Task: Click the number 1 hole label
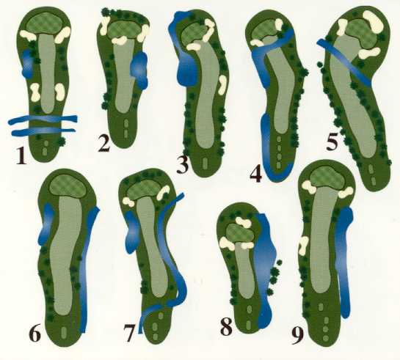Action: click(x=21, y=155)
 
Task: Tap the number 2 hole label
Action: click(x=105, y=144)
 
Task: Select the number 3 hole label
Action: click(x=183, y=165)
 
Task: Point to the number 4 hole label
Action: click(x=256, y=174)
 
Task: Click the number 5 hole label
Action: click(x=332, y=142)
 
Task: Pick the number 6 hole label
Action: click(x=34, y=333)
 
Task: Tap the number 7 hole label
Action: click(x=128, y=333)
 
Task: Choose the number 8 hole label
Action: click(x=226, y=326)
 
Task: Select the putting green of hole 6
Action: click(x=68, y=186)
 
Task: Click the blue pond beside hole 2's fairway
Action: click(x=139, y=69)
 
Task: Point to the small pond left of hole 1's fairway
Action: click(x=28, y=64)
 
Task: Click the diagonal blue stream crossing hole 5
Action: click(x=344, y=61)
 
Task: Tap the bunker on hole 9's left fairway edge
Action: click(x=303, y=245)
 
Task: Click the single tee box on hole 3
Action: click(x=205, y=163)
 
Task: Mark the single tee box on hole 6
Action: click(x=64, y=332)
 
